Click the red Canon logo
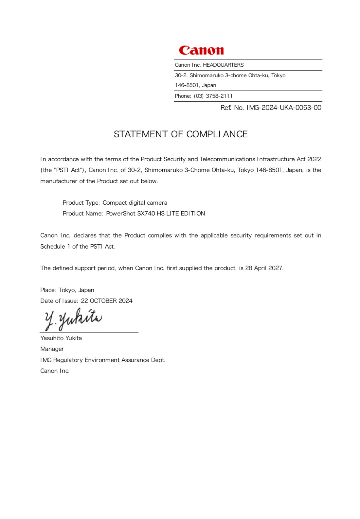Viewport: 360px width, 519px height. pyautogui.click(x=201, y=50)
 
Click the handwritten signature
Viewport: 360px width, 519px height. pyautogui.click(x=73, y=319)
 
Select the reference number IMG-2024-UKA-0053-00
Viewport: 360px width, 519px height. pyautogui.click(x=284, y=108)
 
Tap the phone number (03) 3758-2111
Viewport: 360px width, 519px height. pyautogui.click(x=213, y=96)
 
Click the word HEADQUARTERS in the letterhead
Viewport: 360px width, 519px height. pyautogui.click(x=223, y=65)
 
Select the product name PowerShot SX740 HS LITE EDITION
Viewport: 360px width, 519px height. pyautogui.click(x=155, y=214)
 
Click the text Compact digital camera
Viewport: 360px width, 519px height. pyautogui.click(x=135, y=203)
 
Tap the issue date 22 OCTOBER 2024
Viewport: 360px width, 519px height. pyautogui.click(x=107, y=301)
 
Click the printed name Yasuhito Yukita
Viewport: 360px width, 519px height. pyautogui.click(x=61, y=338)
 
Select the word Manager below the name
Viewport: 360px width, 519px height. pyautogui.click(x=52, y=349)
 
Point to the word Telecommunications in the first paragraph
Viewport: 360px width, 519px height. pyautogui.click(x=227, y=159)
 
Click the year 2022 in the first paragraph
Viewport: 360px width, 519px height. pyautogui.click(x=314, y=159)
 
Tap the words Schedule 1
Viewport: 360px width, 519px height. pyautogui.click(x=55, y=247)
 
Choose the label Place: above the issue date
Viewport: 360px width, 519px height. pyautogui.click(x=48, y=290)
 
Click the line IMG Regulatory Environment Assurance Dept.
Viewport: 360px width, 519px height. pyautogui.click(x=103, y=360)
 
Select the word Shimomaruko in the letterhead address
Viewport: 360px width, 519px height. pyautogui.click(x=207, y=76)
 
